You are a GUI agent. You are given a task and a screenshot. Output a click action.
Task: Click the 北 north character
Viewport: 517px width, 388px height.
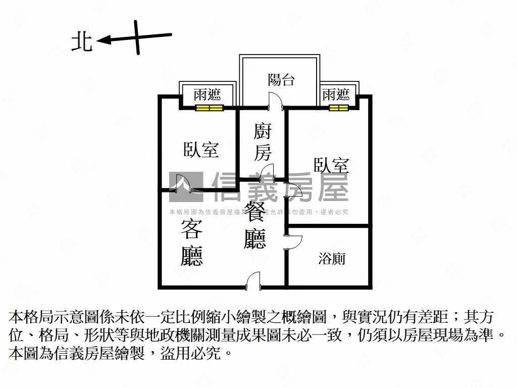pyautogui.click(x=82, y=42)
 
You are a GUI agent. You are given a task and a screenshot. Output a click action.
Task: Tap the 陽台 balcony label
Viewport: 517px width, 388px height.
pyautogui.click(x=281, y=79)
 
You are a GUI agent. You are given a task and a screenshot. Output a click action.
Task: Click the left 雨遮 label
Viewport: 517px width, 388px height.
pyautogui.click(x=208, y=94)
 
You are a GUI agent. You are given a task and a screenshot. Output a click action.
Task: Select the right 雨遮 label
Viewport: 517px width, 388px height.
pyautogui.click(x=336, y=94)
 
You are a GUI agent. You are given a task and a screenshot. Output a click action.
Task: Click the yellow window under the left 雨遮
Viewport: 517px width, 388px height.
pyautogui.click(x=210, y=108)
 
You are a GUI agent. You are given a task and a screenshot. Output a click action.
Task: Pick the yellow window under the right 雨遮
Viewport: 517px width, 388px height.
pyautogui.click(x=338, y=108)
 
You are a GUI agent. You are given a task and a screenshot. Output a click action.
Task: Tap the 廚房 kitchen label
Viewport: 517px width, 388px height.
pyautogui.click(x=262, y=143)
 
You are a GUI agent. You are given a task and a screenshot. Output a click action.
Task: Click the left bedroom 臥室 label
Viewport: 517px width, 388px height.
pyautogui.click(x=201, y=150)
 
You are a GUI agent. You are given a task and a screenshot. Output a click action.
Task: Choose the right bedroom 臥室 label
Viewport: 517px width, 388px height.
pyautogui.click(x=332, y=165)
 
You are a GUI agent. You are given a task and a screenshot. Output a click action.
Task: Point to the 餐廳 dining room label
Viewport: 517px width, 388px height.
pyautogui.click(x=254, y=225)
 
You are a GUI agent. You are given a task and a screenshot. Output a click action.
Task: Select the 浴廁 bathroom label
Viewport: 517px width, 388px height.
pyautogui.click(x=332, y=259)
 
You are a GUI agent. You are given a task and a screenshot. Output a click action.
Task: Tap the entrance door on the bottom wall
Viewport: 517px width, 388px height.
pyautogui.click(x=252, y=280)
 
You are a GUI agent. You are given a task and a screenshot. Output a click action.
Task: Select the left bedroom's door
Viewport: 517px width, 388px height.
pyautogui.click(x=183, y=183)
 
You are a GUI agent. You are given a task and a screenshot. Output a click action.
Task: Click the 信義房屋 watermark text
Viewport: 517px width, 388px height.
pyautogui.click(x=280, y=186)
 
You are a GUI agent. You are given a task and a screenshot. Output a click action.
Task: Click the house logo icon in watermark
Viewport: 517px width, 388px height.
pyautogui.click(x=185, y=186)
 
